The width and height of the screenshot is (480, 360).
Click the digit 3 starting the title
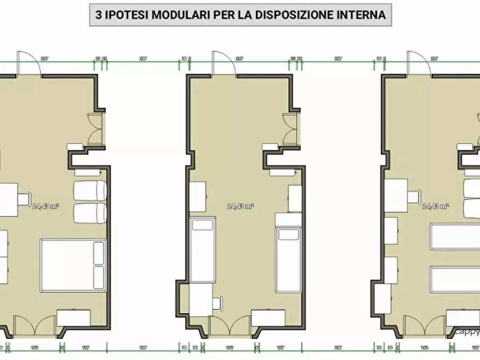[x=98, y=15]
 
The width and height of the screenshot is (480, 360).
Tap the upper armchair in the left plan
[x=89, y=191]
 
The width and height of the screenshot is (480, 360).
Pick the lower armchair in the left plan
[x=89, y=213]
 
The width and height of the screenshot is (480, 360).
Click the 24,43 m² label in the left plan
[x=45, y=206]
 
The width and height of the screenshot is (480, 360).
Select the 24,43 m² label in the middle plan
[x=240, y=206]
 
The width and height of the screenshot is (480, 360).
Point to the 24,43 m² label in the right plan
[x=435, y=206]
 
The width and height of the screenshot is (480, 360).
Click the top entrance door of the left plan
[x=27, y=63]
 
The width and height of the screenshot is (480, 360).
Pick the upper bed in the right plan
[x=455, y=237]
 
